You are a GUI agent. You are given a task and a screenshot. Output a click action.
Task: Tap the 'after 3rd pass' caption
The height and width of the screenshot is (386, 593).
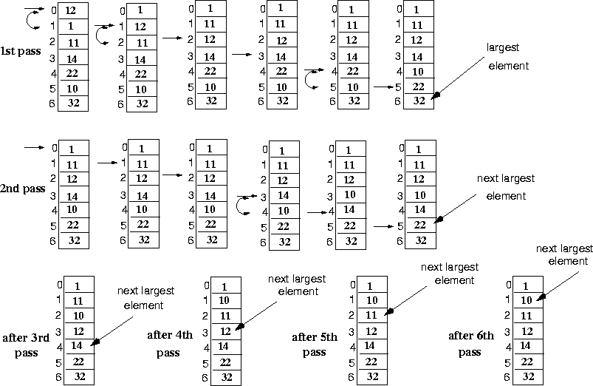coord(25,345)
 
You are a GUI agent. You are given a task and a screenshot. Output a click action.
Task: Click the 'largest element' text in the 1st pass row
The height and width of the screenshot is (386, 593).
coord(508,57)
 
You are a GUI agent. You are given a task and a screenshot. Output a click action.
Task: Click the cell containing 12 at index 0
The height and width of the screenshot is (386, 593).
coord(71,11)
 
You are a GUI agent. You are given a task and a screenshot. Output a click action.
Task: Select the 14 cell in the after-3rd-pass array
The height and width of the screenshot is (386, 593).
coord(78,345)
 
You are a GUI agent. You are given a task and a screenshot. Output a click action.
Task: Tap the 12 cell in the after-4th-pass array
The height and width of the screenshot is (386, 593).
coord(225,331)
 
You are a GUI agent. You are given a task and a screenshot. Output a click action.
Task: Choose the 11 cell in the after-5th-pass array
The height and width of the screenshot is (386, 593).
coord(371,316)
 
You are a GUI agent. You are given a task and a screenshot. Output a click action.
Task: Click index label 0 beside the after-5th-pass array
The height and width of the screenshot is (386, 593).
coord(353,284)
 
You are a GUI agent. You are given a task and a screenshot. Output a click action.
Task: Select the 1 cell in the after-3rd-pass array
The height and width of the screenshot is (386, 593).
coord(78,285)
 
